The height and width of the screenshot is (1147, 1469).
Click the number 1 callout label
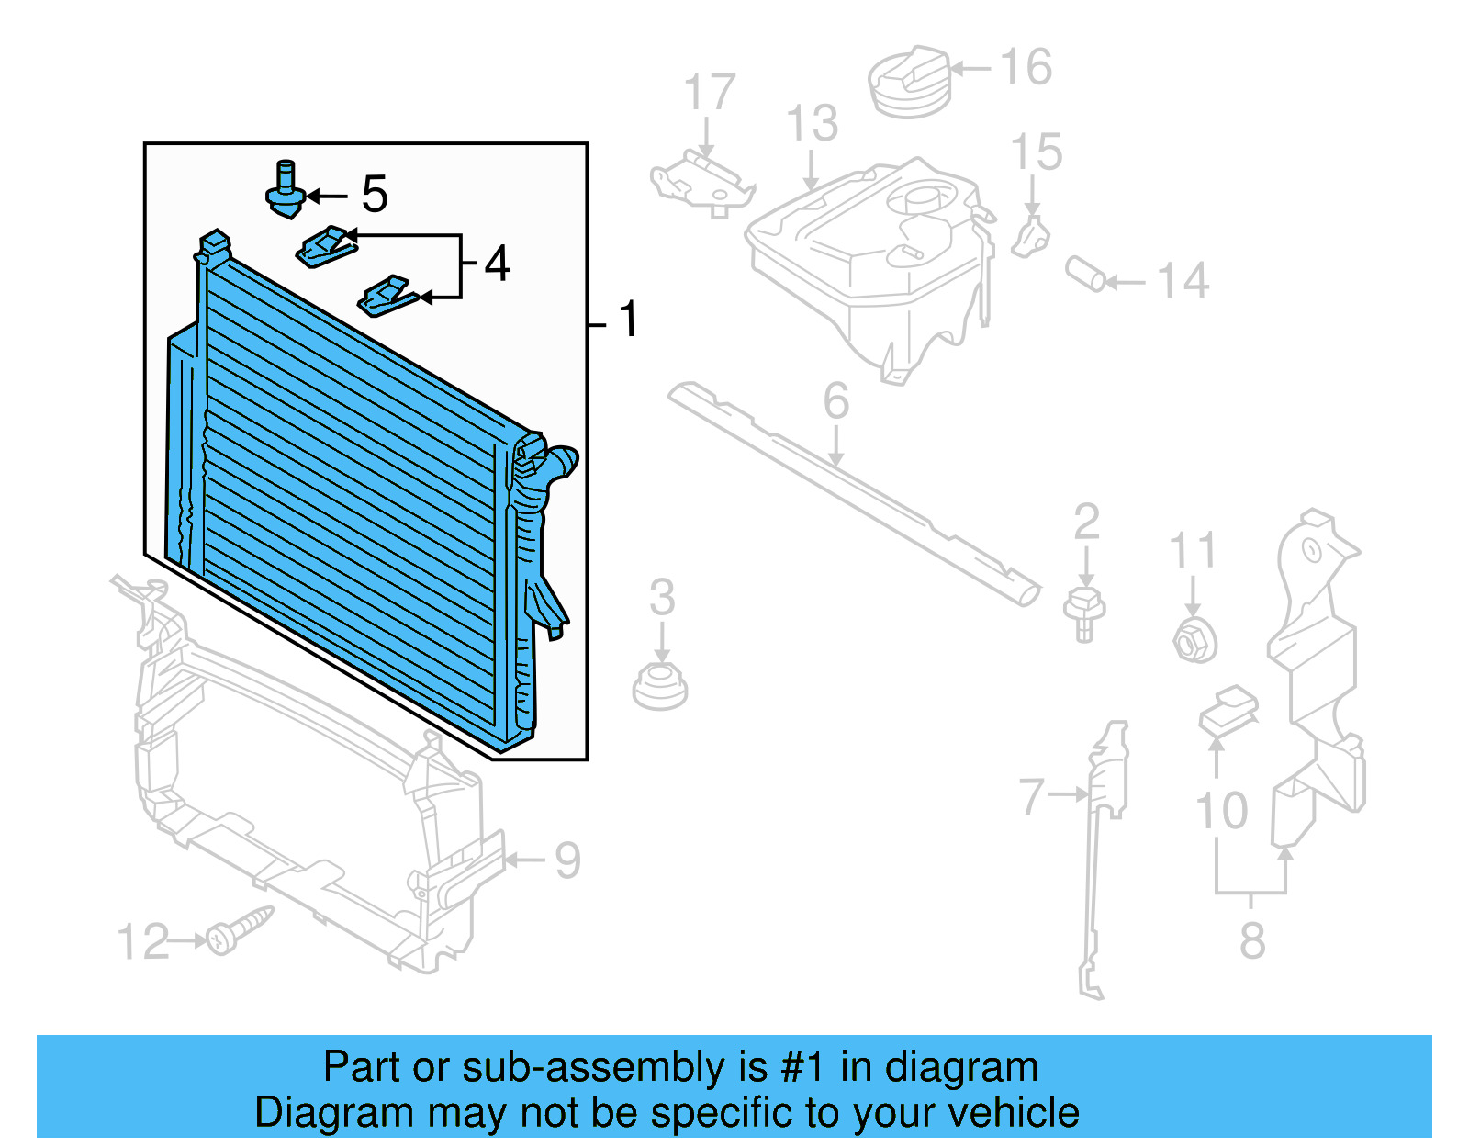pos(628,320)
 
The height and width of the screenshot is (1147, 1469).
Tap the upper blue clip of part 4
pos(325,246)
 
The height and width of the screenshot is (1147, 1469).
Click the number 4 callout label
pos(497,264)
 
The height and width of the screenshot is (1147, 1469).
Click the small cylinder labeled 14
pos(1086,274)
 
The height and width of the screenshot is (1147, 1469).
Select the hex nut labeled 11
pos(1194,639)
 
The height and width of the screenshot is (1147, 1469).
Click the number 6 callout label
pos(835,401)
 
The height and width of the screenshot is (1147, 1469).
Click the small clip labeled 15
pos(1031,238)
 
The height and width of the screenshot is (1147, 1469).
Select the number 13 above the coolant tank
pos(813,124)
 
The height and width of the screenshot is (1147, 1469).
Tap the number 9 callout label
pos(568,860)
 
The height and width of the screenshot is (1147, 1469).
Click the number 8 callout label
pos(1252,941)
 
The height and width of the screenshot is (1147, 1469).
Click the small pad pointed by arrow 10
pos(1228,712)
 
